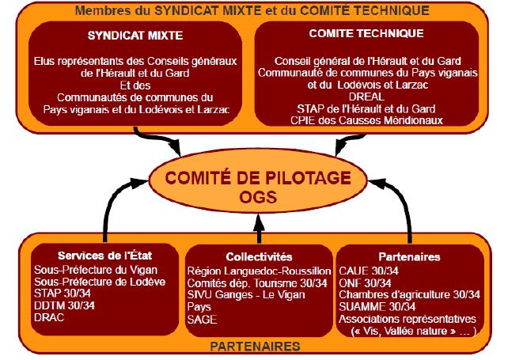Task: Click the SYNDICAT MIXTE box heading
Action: coord(135,36)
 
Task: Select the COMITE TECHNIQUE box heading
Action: coord(366,33)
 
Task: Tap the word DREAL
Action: coord(366,97)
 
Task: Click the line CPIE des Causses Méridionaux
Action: coord(366,120)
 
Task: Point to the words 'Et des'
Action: coord(135,85)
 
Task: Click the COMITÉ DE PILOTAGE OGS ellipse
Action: coord(258,181)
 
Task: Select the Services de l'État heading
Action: coord(104,256)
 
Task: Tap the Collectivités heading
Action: coord(259,257)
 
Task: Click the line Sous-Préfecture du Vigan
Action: coord(96,270)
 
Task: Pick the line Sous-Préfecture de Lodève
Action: coord(100,282)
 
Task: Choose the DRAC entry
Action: coord(49,317)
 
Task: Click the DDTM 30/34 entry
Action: coord(64,305)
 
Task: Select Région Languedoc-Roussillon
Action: coord(260,271)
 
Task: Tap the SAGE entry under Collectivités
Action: coord(202,320)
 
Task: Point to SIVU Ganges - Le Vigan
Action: coord(246,295)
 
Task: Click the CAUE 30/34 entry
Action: coord(369,271)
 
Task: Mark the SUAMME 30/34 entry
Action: coord(377,306)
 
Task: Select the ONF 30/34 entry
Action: coord(365,283)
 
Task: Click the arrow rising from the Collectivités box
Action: coord(259,229)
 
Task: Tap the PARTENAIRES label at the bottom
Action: coord(256,347)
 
